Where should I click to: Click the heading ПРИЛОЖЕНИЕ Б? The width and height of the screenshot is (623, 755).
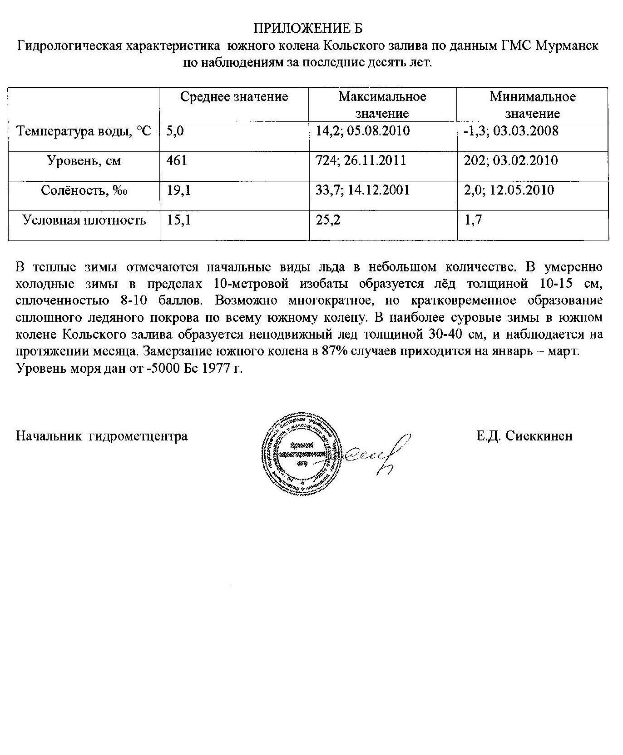(x=307, y=28)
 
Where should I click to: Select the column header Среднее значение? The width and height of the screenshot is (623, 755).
(x=234, y=97)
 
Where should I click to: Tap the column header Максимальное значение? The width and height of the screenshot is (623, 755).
(x=382, y=105)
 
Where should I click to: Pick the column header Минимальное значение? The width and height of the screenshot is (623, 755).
(x=532, y=105)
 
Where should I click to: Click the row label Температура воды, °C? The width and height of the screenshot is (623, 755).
(x=84, y=132)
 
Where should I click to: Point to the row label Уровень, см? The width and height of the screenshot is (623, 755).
(x=84, y=161)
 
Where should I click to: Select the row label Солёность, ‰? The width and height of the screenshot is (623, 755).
(x=84, y=190)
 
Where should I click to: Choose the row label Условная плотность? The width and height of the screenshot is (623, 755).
(x=84, y=220)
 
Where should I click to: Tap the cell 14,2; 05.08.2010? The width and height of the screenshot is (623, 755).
(x=362, y=131)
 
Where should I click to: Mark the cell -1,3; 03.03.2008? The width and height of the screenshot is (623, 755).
(x=510, y=131)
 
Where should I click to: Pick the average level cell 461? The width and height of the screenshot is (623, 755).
(x=177, y=161)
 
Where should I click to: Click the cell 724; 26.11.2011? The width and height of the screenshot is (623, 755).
(x=361, y=161)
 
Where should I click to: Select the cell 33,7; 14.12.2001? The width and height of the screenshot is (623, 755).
(x=362, y=190)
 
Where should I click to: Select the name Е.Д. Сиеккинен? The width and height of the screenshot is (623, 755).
(x=524, y=436)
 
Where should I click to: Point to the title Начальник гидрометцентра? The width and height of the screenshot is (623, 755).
(x=102, y=436)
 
